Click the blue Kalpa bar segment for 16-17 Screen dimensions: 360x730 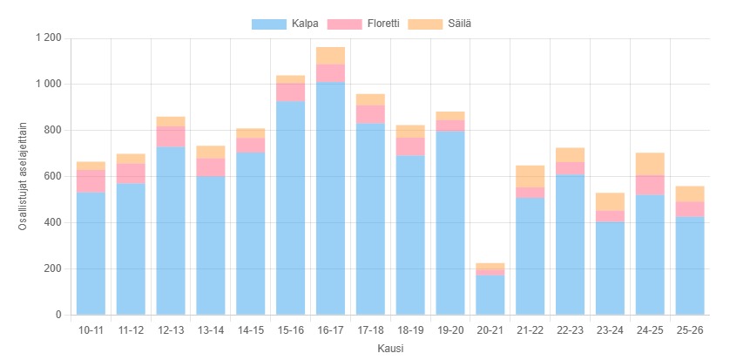click(330, 198)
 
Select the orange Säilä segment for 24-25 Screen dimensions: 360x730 click(650, 164)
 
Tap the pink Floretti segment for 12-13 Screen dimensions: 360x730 click(171, 137)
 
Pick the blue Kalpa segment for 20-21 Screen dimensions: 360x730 click(490, 295)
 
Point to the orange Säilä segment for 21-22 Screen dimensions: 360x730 click(530, 176)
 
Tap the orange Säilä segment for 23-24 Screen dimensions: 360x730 click(610, 201)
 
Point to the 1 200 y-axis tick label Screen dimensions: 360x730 click(48, 38)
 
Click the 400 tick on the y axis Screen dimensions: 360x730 click(52, 222)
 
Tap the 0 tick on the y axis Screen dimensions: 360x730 click(58, 315)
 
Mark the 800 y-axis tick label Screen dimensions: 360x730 click(52, 131)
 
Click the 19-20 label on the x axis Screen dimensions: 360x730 click(450, 330)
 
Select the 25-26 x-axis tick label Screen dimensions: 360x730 click(690, 330)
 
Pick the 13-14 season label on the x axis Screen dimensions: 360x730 click(211, 330)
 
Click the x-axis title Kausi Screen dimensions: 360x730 click(390, 349)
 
